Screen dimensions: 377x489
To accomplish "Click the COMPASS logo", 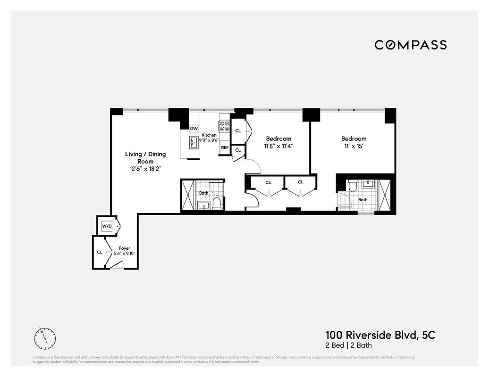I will point(411,45).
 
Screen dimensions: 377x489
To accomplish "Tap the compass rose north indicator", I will point(45,337).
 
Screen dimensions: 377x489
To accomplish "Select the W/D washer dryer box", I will point(107,227).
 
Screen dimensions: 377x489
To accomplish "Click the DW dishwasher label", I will point(194,128).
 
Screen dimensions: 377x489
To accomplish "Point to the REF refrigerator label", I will point(225,148).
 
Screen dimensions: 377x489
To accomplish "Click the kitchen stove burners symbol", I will point(223,126).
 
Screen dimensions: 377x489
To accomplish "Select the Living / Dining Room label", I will point(145,157).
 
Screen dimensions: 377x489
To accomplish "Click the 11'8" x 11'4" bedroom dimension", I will point(278,146).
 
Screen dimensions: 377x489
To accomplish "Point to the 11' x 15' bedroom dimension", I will point(354,146).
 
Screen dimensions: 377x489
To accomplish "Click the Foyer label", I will point(125,248).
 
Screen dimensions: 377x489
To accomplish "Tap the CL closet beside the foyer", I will point(100,252).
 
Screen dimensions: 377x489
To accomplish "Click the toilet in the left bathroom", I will point(217,203).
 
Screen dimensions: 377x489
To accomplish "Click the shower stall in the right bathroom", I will point(386,195).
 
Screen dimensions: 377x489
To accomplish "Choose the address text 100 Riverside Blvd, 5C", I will point(380,335).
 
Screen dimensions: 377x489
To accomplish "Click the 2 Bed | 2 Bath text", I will point(348,345).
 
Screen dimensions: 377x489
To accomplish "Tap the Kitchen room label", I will point(209,135).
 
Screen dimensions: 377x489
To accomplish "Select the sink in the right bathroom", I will point(369,184).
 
